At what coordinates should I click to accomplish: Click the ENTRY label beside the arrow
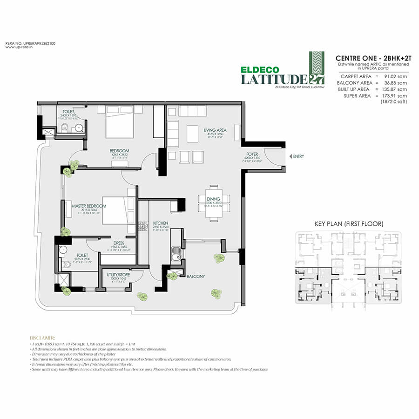click(298, 156)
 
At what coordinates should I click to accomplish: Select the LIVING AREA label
click(217, 130)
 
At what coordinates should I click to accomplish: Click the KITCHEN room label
click(160, 223)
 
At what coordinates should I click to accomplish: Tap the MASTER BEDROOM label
click(89, 206)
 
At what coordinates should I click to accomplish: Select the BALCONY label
click(196, 276)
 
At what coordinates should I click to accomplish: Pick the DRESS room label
click(118, 243)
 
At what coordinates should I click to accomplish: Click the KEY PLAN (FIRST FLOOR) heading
click(349, 224)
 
